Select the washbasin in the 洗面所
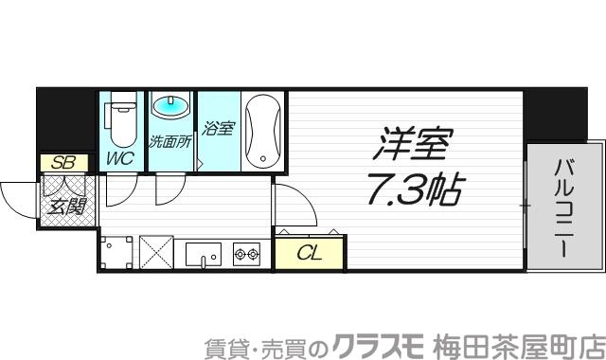point(171,106)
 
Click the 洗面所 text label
point(171,143)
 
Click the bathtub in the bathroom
point(262,132)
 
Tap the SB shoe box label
point(63,162)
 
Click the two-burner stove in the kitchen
point(246,253)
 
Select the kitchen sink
point(203,253)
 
